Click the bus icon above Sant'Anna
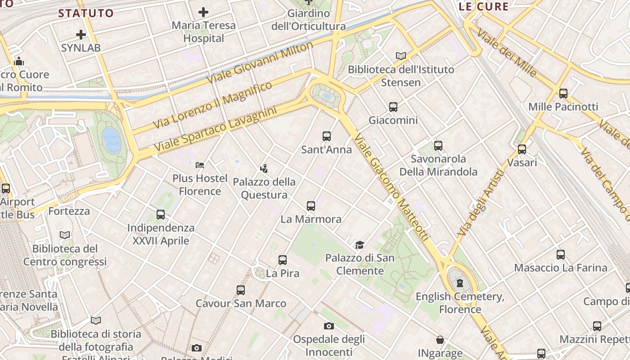pyautogui.click(x=327, y=136)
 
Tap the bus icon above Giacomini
pyautogui.click(x=393, y=107)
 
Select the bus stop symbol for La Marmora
pyautogui.click(x=311, y=206)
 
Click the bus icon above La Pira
pyautogui.click(x=283, y=260)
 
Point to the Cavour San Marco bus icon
pyautogui.click(x=241, y=290)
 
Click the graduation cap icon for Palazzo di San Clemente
pyautogui.click(x=360, y=245)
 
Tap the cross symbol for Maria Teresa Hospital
pyautogui.click(x=203, y=12)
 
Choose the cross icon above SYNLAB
pyautogui.click(x=81, y=34)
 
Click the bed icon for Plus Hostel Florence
pyautogui.click(x=200, y=165)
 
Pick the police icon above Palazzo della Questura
pyautogui.click(x=264, y=169)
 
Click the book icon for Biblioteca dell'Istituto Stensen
pyautogui.click(x=401, y=56)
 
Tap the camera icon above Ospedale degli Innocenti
pyautogui.click(x=329, y=326)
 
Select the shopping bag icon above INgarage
pyautogui.click(x=440, y=340)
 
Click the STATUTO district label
pyautogui.click(x=86, y=13)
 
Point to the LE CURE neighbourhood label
pyautogui.click(x=484, y=7)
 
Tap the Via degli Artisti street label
pyautogui.click(x=480, y=202)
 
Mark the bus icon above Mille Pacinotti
pyautogui.click(x=563, y=94)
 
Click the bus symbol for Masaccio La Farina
pyautogui.click(x=561, y=255)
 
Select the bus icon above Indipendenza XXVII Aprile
pyautogui.click(x=161, y=215)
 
